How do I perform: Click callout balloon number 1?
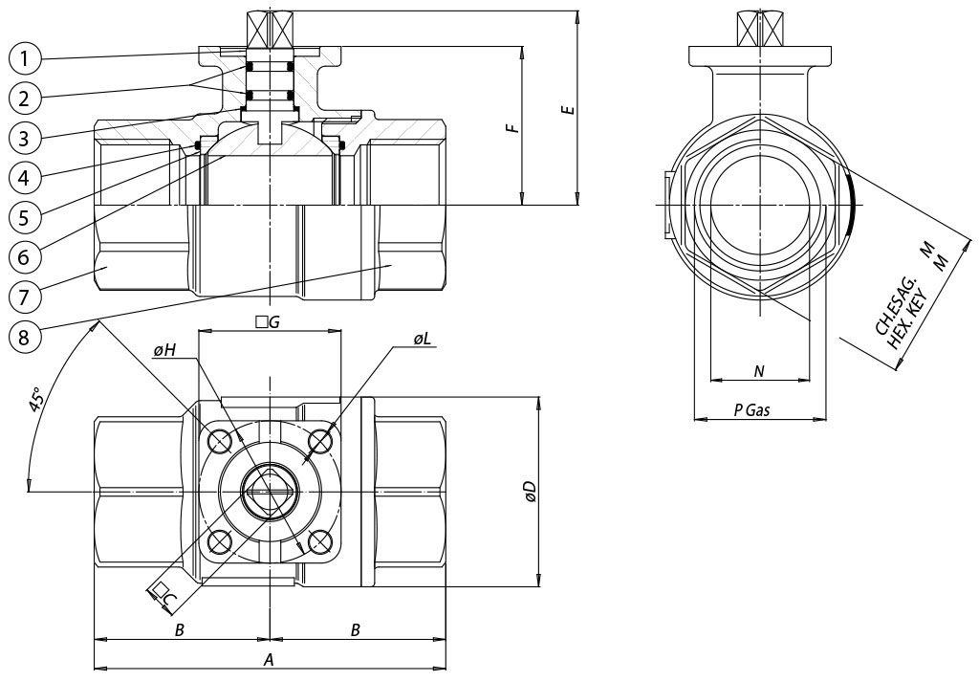26,59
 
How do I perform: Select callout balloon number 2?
26,97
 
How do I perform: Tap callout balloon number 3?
26,137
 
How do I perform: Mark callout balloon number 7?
26,296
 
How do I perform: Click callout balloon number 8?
26,335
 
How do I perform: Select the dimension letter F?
513,126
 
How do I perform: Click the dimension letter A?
269,659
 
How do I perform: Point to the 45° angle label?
35,400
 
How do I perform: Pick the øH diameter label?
163,351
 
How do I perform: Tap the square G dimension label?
268,323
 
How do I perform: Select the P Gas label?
751,409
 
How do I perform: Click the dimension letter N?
759,371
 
